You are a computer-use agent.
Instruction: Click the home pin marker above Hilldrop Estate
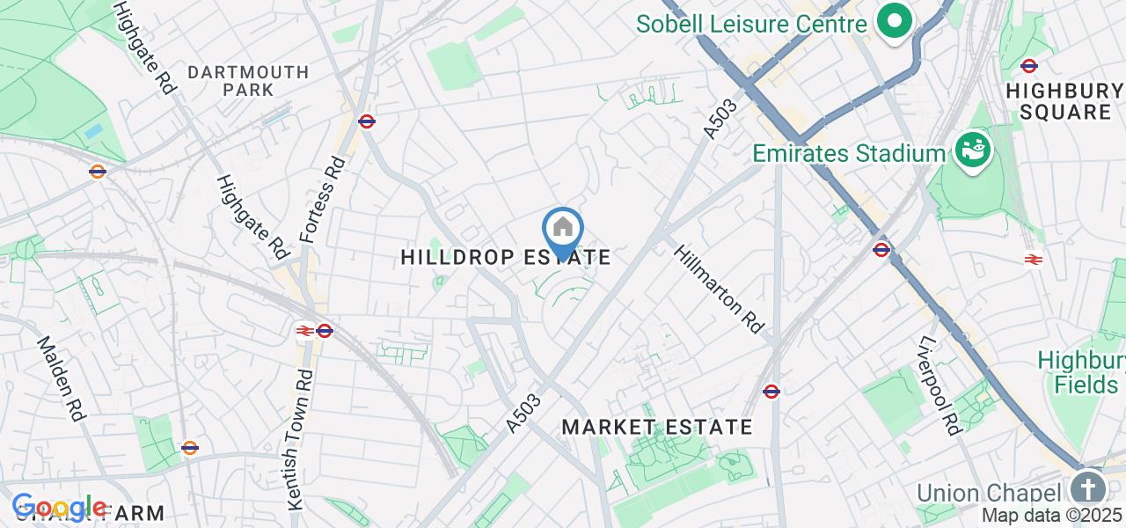(x=563, y=231)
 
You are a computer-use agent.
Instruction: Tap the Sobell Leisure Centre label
(x=751, y=24)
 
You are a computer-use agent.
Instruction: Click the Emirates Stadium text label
(x=849, y=154)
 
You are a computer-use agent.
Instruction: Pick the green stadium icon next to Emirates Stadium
(x=972, y=150)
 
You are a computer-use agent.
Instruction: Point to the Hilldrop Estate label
(x=505, y=257)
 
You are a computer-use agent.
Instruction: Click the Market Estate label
(x=656, y=428)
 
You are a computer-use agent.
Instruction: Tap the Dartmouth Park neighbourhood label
(x=249, y=80)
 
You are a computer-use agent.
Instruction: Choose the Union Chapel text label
(x=985, y=492)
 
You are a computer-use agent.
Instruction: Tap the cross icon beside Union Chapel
(x=1088, y=488)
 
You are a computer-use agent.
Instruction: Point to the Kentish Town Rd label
(x=300, y=439)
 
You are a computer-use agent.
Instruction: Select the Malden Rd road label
(x=60, y=378)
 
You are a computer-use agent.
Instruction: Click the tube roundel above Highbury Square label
(x=1028, y=65)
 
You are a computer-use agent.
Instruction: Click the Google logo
(x=59, y=508)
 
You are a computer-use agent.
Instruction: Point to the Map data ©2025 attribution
(x=1052, y=516)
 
